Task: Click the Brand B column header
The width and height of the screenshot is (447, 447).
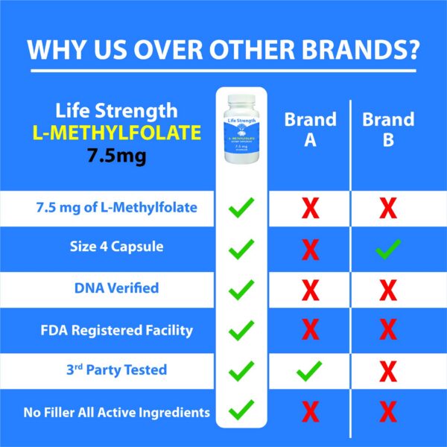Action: (388, 130)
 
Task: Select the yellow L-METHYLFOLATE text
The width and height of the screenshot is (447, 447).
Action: (117, 135)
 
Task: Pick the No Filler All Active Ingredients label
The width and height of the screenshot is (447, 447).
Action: (110, 410)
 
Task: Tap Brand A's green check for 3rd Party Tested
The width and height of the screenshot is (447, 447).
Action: (311, 370)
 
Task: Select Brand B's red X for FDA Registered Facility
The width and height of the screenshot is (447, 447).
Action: (388, 330)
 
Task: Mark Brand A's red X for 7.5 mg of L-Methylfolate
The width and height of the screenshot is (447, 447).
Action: (311, 208)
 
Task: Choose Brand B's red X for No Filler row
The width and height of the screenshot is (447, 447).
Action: (388, 411)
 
